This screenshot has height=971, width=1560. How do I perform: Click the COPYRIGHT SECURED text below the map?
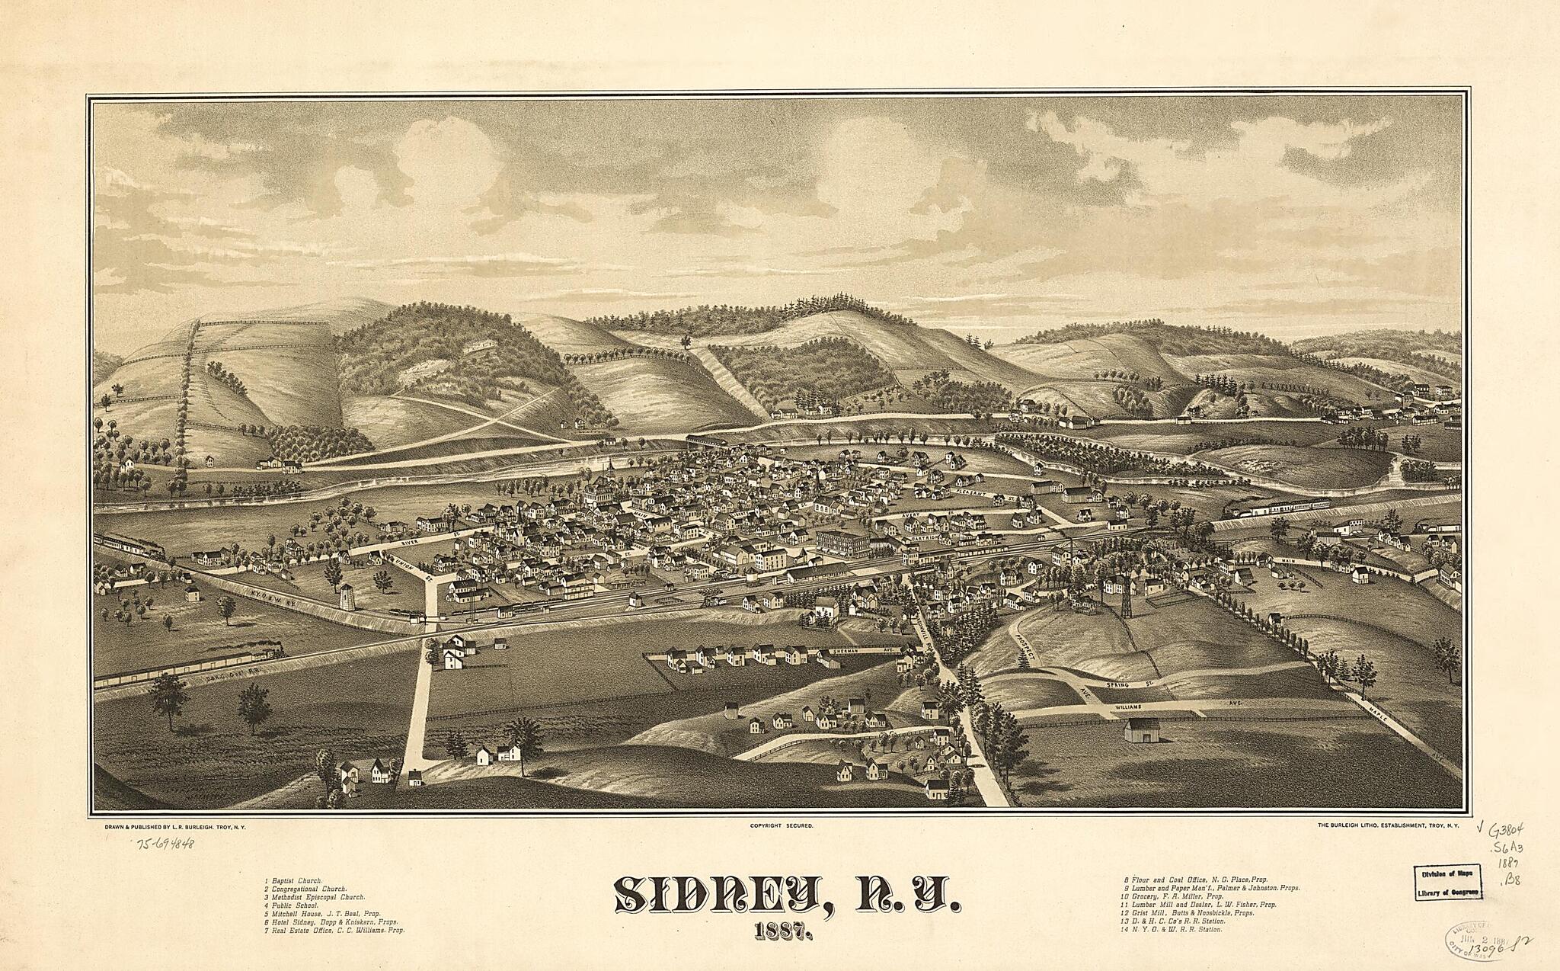(782, 825)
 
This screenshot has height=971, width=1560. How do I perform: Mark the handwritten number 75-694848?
(165, 843)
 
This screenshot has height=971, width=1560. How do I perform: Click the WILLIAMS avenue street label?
(1130, 707)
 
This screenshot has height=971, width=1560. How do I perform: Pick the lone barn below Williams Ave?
(1141, 729)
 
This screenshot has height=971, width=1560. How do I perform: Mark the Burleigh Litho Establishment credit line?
(1386, 825)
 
